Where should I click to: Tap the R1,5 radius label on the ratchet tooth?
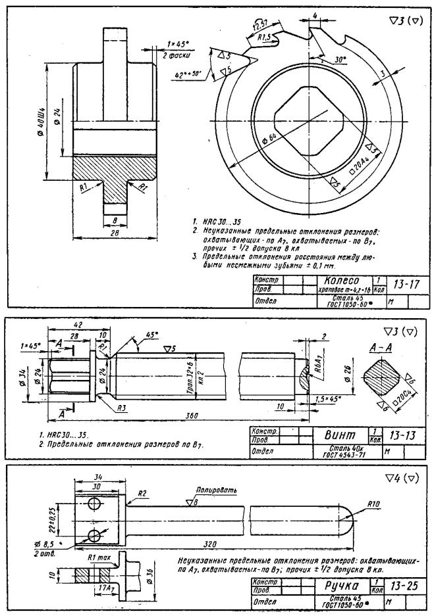(265, 37)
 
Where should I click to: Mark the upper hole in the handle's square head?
(93, 503)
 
